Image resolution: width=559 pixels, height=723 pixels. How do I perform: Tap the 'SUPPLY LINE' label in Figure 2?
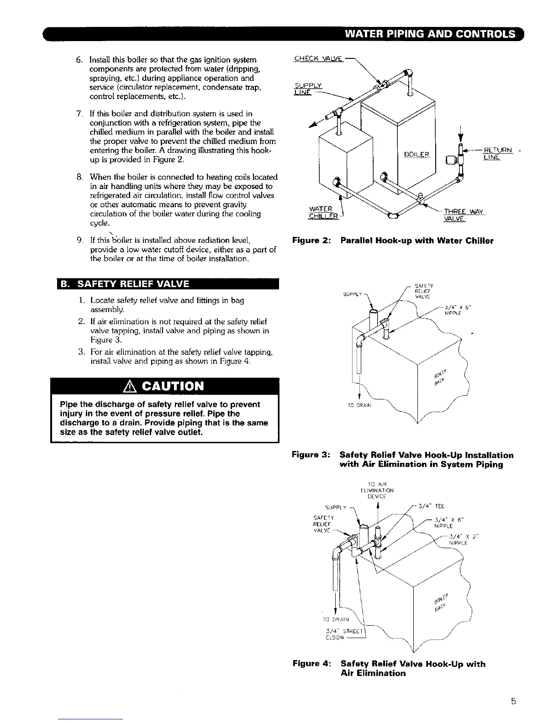point(309,89)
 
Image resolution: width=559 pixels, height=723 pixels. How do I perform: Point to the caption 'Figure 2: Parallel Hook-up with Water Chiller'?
point(393,241)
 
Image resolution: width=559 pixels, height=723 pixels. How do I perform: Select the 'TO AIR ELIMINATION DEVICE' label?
point(377,490)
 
